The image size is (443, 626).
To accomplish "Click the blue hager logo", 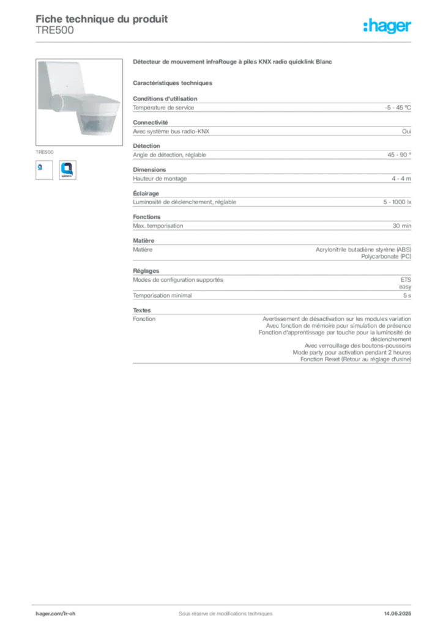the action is click(389, 26).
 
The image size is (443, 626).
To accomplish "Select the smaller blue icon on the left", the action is click(42, 168).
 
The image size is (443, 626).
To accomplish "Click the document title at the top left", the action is click(102, 18).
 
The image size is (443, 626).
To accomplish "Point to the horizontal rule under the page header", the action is click(225, 42).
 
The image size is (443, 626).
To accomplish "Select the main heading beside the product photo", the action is click(233, 63).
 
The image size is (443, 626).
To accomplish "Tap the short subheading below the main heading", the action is click(173, 83).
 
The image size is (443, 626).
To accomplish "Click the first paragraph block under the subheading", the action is click(272, 106).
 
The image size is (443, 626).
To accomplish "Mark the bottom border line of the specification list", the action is click(272, 364).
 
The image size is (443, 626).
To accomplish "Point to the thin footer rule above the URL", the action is click(225, 602).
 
